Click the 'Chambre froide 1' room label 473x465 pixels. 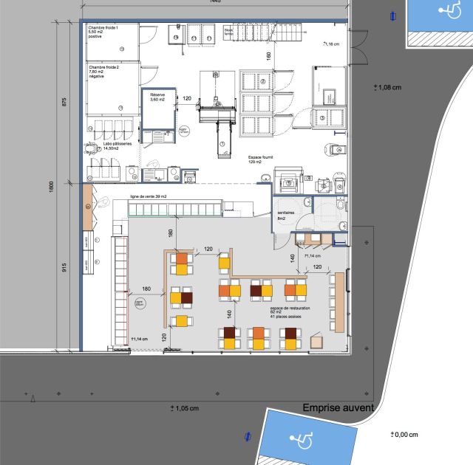point(103,27)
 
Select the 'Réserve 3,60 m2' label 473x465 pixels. point(158,97)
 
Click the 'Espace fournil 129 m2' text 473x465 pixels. point(264,159)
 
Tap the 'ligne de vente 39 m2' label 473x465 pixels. point(149,196)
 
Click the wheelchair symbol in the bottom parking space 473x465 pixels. point(302,441)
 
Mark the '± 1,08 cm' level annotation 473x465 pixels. point(387,86)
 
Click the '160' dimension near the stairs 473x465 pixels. point(269,55)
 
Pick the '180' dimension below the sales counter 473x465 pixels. point(171,233)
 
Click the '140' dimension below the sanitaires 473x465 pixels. point(293,258)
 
